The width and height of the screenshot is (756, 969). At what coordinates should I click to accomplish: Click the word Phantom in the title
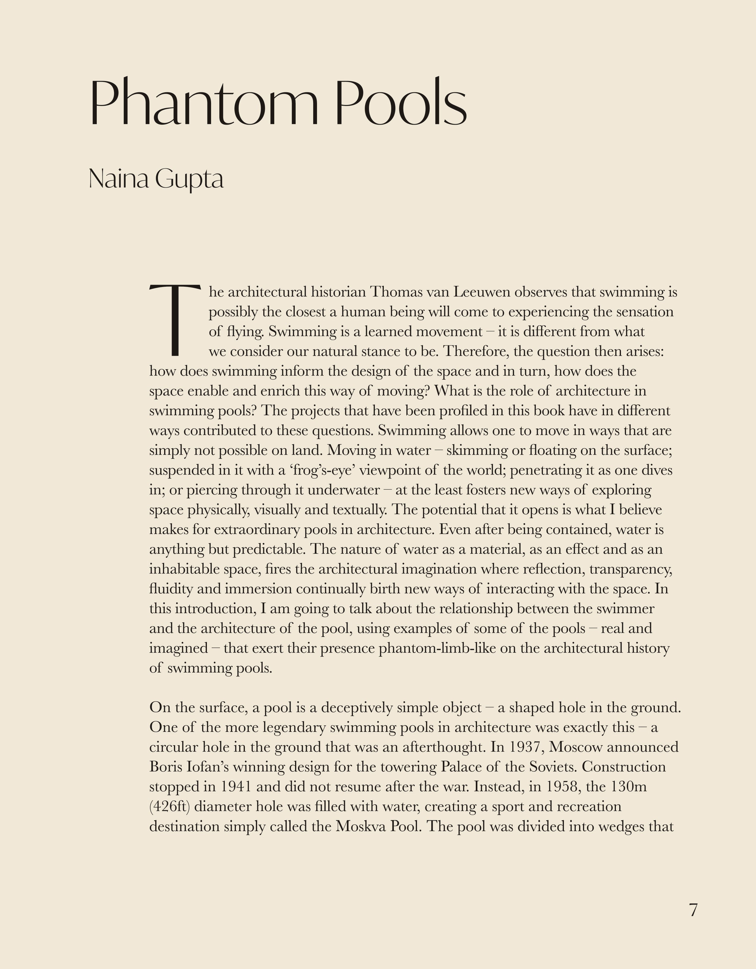[x=204, y=103]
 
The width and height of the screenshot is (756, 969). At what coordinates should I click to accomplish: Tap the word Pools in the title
[x=401, y=103]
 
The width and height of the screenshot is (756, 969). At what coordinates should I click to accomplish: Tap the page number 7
[x=693, y=910]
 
